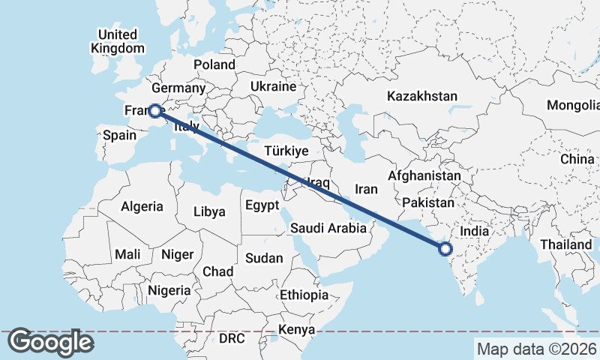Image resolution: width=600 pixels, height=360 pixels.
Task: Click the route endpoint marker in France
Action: tap(154, 111)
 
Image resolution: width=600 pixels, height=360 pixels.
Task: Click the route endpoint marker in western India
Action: tap(445, 248)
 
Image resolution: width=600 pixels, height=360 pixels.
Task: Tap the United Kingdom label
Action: tap(118, 41)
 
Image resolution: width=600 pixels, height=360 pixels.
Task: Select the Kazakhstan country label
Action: tap(422, 96)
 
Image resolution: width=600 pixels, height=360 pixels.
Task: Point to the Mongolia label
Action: tap(573, 105)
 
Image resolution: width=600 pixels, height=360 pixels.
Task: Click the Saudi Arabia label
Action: tap(328, 228)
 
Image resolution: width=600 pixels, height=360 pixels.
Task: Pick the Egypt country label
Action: tap(262, 205)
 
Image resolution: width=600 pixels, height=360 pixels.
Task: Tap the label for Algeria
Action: tap(142, 206)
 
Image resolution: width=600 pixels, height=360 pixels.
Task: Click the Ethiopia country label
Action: tap(304, 295)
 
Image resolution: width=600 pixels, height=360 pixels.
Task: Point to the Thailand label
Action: tap(565, 244)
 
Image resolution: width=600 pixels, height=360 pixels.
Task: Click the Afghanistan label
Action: tap(424, 175)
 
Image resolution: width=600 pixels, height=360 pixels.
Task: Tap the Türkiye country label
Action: tap(286, 151)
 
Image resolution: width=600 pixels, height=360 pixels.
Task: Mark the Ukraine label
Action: tap(274, 86)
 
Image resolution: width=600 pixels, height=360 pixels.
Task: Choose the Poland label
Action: tap(214, 64)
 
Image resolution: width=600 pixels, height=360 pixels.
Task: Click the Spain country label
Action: tap(119, 135)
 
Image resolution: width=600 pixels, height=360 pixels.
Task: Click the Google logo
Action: tap(50, 342)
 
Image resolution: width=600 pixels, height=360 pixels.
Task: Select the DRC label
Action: tap(232, 338)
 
